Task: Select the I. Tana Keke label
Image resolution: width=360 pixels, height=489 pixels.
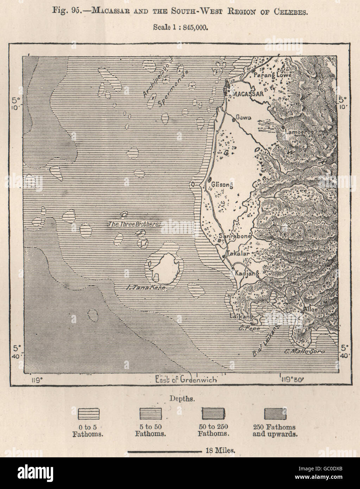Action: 146,287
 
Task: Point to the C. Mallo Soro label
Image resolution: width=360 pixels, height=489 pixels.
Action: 304,351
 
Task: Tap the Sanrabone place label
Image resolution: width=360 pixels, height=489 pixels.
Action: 234,236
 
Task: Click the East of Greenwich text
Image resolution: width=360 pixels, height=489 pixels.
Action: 186,380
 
